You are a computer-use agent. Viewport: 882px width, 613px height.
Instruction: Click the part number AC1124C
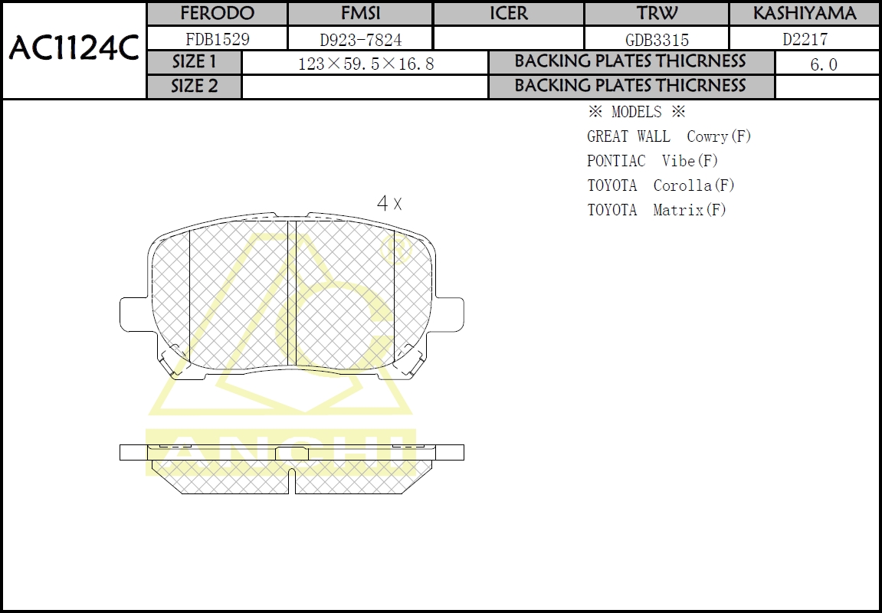pyautogui.click(x=74, y=50)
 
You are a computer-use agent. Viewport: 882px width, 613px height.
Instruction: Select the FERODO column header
pyautogui.click(x=217, y=14)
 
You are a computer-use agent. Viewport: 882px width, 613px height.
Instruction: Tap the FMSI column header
pyautogui.click(x=360, y=14)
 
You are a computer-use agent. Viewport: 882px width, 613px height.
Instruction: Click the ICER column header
pyautogui.click(x=508, y=14)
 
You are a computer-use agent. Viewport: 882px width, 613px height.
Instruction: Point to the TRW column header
pyautogui.click(x=656, y=14)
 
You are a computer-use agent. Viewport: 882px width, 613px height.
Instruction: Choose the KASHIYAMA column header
pyautogui.click(x=804, y=14)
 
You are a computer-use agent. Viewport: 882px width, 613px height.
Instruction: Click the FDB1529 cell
pyautogui.click(x=217, y=39)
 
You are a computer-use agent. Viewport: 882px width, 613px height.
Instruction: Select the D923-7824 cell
pyautogui.click(x=360, y=39)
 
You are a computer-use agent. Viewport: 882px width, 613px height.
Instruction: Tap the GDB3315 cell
pyautogui.click(x=656, y=39)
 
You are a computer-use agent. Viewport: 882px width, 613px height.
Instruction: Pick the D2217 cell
pyautogui.click(x=804, y=39)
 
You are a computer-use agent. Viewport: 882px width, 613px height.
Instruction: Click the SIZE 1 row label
pyautogui.click(x=194, y=62)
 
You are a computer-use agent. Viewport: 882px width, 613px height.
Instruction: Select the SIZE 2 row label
pyautogui.click(x=194, y=87)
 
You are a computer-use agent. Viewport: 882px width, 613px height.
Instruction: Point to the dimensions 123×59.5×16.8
pyautogui.click(x=366, y=64)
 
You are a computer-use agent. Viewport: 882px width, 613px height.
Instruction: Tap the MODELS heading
pyautogui.click(x=636, y=113)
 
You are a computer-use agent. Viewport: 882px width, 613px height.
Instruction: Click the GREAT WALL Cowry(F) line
pyautogui.click(x=669, y=136)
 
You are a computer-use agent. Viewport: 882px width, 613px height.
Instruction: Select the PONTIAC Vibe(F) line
pyautogui.click(x=652, y=161)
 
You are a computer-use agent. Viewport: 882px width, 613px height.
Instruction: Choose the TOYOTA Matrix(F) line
pyautogui.click(x=656, y=210)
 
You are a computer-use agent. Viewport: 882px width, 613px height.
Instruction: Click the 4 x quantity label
pyautogui.click(x=389, y=203)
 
